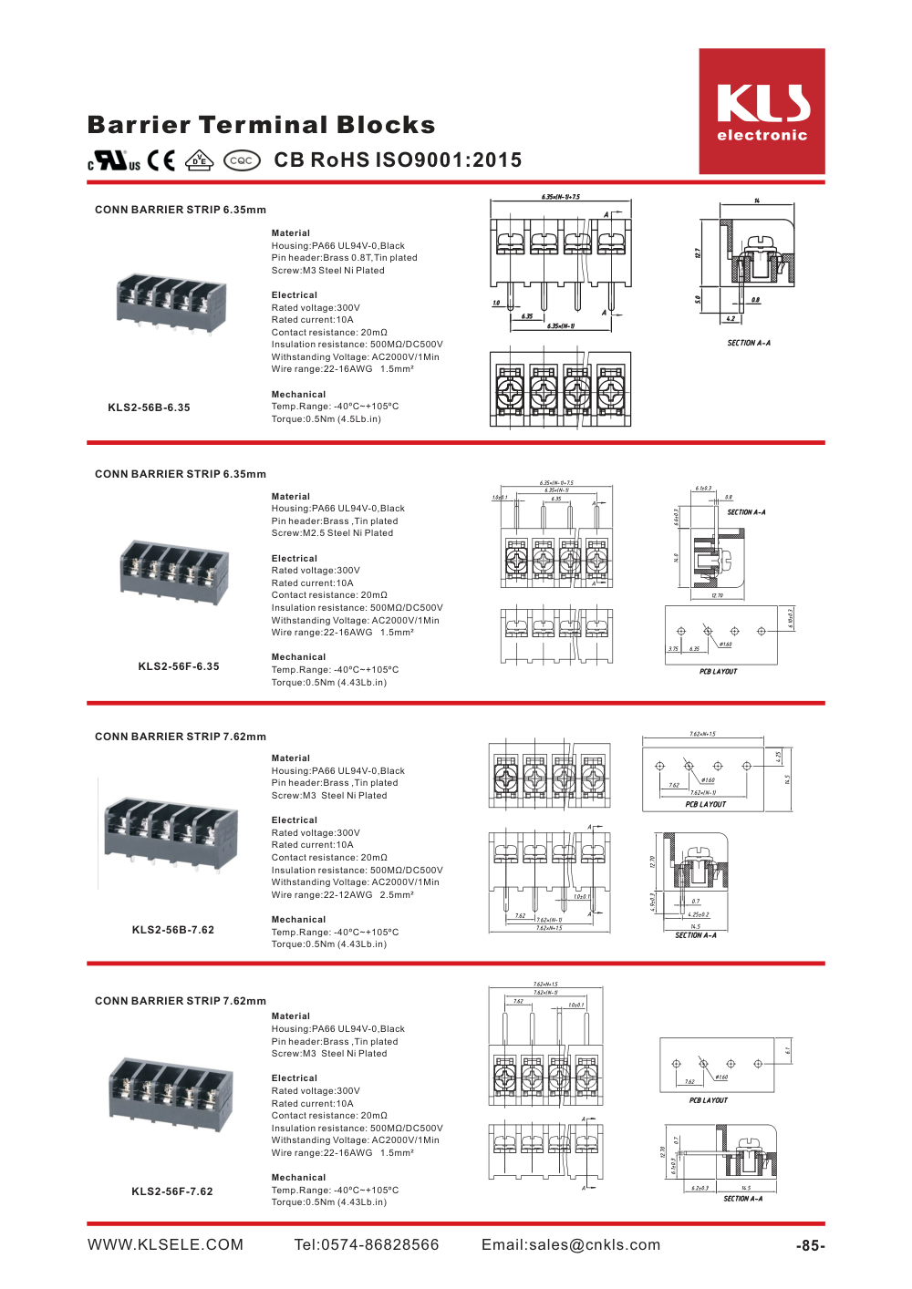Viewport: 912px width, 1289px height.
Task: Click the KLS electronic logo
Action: [762, 111]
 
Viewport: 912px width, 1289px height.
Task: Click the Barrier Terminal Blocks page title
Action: [261, 125]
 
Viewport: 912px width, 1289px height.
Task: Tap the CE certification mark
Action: [161, 160]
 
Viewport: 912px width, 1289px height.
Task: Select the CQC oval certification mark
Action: [241, 160]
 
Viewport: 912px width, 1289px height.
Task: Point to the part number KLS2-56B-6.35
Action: [149, 407]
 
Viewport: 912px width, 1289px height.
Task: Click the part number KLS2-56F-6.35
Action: [179, 666]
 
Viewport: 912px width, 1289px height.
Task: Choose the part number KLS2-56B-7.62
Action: [173, 930]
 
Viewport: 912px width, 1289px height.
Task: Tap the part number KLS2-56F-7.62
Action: [172, 1191]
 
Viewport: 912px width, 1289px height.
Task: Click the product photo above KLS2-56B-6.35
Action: [171, 302]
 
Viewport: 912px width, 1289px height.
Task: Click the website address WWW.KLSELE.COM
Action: [165, 1245]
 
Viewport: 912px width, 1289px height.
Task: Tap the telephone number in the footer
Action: [367, 1245]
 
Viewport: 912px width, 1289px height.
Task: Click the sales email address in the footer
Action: [571, 1245]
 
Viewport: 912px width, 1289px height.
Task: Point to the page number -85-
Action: [810, 1246]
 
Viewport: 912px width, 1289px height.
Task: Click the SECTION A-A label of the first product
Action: [749, 344]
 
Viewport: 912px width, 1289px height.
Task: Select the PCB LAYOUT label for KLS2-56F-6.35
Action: [718, 672]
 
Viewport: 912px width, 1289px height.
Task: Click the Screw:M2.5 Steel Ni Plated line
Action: [332, 533]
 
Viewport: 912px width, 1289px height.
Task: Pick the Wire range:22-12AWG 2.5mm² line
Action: [342, 895]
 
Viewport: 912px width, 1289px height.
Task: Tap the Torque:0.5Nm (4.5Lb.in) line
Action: [326, 419]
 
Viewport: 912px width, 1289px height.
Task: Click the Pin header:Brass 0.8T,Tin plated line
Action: [344, 258]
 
